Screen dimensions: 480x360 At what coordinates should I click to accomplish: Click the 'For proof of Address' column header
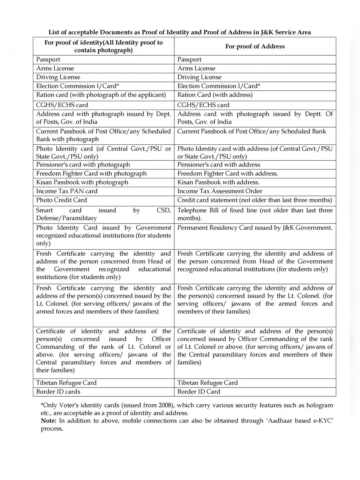click(x=255, y=46)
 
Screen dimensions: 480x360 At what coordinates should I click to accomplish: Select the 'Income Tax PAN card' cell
click(x=67, y=191)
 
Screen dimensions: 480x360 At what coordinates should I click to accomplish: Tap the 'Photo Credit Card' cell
click(x=62, y=200)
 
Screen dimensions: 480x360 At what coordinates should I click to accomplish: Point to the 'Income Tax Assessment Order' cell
click(x=220, y=191)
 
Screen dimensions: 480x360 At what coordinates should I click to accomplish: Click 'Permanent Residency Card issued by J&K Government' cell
click(x=254, y=228)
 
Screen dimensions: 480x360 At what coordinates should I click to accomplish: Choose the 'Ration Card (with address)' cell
click(x=215, y=95)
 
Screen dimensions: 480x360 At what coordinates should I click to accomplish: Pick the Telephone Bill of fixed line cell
click(x=254, y=214)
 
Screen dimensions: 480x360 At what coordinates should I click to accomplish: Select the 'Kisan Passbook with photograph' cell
click(x=82, y=182)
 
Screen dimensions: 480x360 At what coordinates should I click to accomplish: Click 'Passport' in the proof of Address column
click(x=189, y=60)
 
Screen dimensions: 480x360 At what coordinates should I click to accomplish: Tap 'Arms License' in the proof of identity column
click(x=55, y=68)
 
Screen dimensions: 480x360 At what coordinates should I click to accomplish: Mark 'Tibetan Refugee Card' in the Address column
click(x=207, y=383)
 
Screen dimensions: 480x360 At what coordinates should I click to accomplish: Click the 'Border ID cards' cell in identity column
click(x=58, y=392)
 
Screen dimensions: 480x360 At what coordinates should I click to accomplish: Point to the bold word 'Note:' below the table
click(x=49, y=420)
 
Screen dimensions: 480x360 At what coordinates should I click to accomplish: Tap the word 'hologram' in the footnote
click(x=319, y=405)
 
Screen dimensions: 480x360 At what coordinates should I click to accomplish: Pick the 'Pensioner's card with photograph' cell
click(x=83, y=165)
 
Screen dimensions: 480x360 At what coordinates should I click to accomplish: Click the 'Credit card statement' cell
click(x=254, y=200)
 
